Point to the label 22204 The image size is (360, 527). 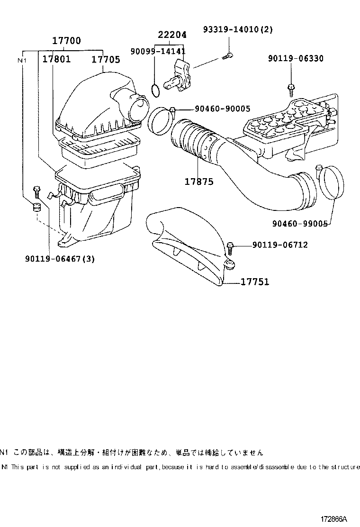[x=172, y=35]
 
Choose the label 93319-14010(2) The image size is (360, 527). [x=238, y=29]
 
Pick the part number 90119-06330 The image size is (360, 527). [x=296, y=58]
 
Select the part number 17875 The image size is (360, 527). [x=199, y=182]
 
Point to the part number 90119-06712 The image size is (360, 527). [x=279, y=245]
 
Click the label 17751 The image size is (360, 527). [x=255, y=282]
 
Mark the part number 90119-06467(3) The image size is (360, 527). [x=60, y=259]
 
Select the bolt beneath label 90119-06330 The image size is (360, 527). [x=290, y=88]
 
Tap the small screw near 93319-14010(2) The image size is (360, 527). [x=226, y=57]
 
